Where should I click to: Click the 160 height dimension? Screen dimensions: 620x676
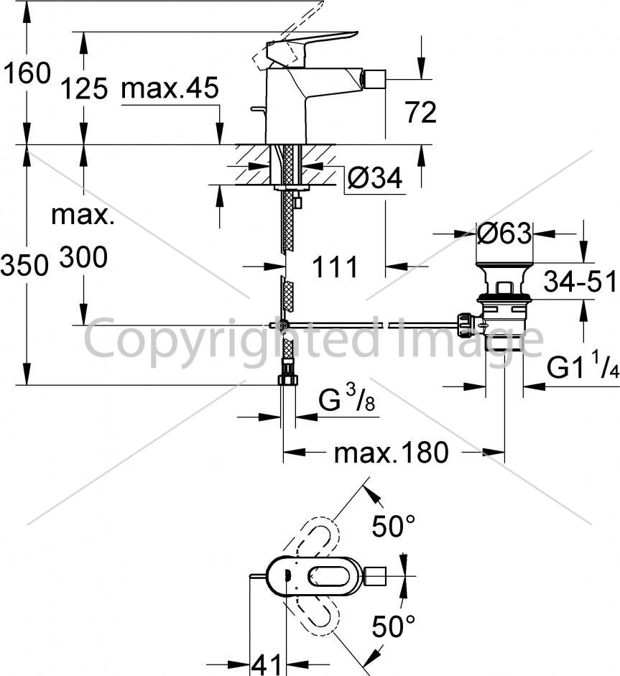point(27,73)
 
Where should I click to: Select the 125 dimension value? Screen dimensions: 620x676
point(84,89)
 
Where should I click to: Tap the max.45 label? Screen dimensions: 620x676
point(170,88)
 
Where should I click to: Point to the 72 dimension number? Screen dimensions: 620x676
point(420,112)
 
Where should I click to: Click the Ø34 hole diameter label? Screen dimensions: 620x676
point(374,177)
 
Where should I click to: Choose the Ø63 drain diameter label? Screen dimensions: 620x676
point(504,233)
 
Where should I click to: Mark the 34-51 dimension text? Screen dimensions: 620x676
point(580,282)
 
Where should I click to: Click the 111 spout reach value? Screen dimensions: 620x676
point(335,267)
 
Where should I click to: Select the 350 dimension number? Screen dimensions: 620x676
point(24,264)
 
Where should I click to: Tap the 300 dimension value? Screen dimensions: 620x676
point(83,257)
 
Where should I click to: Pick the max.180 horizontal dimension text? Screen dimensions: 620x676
point(391,453)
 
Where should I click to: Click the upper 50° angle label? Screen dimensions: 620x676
point(393,526)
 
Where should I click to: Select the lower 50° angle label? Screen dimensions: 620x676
point(393,626)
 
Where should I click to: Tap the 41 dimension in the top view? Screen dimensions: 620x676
point(266,665)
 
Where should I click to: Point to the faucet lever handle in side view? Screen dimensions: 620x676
point(313,45)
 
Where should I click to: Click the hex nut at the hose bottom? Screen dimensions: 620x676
point(287,379)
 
